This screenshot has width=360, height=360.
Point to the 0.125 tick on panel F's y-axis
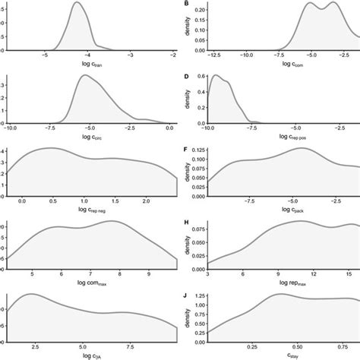tap(195, 150)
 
